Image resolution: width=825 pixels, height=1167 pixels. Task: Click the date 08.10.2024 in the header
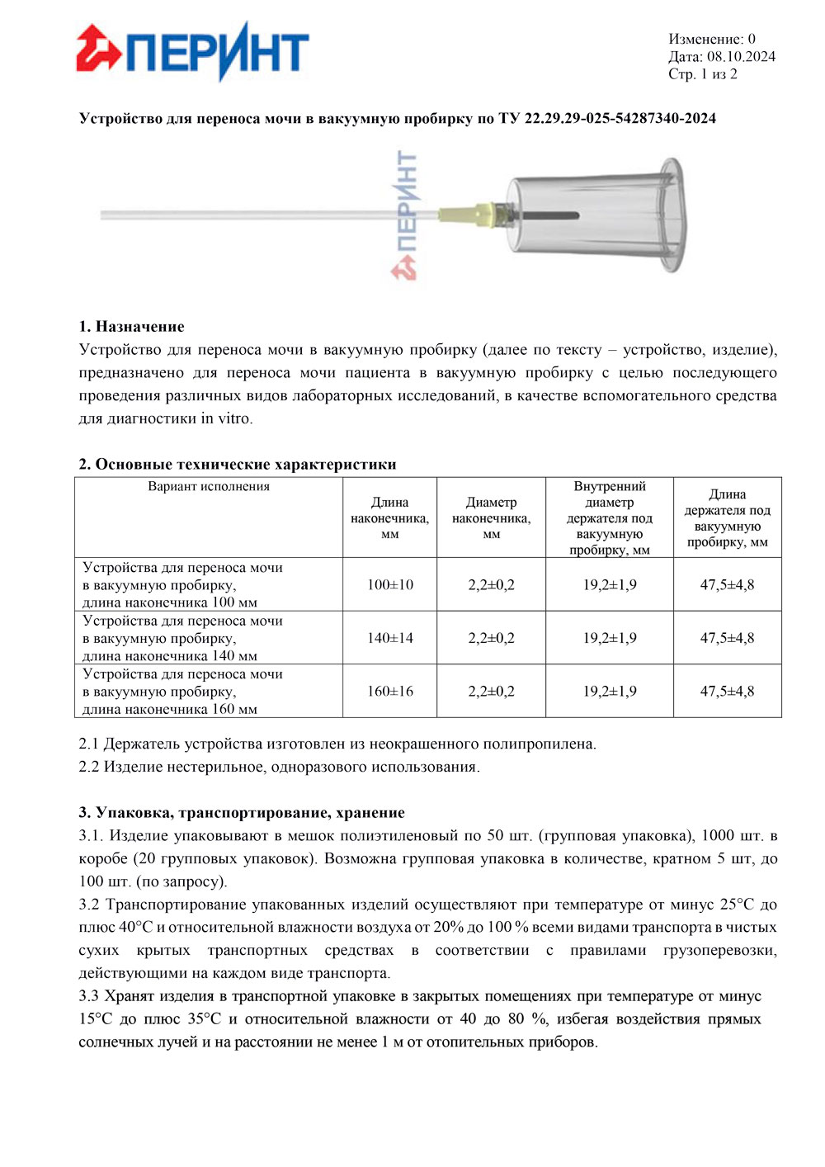pos(741,57)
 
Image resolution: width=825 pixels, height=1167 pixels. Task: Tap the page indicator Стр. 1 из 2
pos(702,74)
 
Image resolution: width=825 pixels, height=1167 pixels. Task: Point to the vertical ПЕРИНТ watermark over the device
pos(405,215)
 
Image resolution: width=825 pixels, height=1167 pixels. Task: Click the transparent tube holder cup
pos(594,215)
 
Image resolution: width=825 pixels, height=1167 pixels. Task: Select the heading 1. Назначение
pos(131,326)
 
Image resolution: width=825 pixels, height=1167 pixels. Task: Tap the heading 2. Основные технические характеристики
pos(238,464)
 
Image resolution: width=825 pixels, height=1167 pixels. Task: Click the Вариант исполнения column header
pos(209,487)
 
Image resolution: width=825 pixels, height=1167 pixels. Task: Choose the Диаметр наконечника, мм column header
pos(491,517)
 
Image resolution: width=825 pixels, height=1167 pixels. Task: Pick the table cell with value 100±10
pos(390,585)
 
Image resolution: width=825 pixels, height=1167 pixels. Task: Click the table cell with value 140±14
pos(390,638)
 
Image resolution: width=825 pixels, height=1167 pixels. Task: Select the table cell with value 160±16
pos(390,692)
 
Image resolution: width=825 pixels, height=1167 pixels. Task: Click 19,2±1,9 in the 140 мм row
pos(610,638)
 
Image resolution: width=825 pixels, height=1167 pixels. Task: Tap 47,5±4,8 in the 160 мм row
pos(727,692)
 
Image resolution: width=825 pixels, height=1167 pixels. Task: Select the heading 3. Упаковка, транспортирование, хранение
pos(242,813)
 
